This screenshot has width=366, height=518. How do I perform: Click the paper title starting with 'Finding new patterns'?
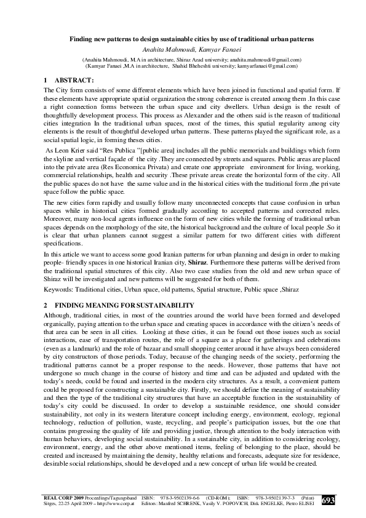point(183,39)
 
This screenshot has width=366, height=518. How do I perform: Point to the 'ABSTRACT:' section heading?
point(74,81)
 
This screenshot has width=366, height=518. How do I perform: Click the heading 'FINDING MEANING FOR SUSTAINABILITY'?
point(124,305)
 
